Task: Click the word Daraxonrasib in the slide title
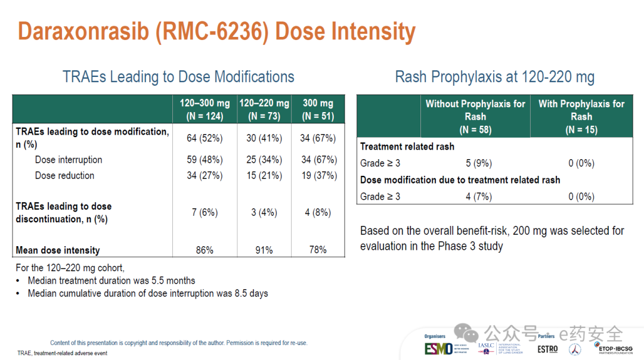pyautogui.click(x=83, y=31)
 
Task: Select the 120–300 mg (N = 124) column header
pyautogui.click(x=205, y=109)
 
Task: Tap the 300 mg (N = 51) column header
pyautogui.click(x=318, y=109)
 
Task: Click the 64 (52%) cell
pyautogui.click(x=205, y=138)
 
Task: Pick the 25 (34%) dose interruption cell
pyautogui.click(x=264, y=160)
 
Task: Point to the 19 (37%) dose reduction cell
pyautogui.click(x=318, y=175)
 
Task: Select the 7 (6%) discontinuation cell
pyautogui.click(x=205, y=212)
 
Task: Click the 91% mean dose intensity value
pyautogui.click(x=264, y=250)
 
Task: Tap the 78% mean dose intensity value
pyautogui.click(x=318, y=250)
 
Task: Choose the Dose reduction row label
pyautogui.click(x=64, y=175)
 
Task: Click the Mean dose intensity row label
pyautogui.click(x=58, y=250)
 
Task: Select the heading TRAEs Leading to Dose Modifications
pyautogui.click(x=178, y=77)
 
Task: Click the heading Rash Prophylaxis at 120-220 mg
pyautogui.click(x=494, y=77)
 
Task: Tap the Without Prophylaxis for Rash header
pyautogui.click(x=475, y=116)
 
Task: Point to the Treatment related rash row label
pyautogui.click(x=407, y=147)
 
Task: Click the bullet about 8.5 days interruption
pyautogui.click(x=148, y=293)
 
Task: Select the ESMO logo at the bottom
pyautogui.click(x=438, y=349)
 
